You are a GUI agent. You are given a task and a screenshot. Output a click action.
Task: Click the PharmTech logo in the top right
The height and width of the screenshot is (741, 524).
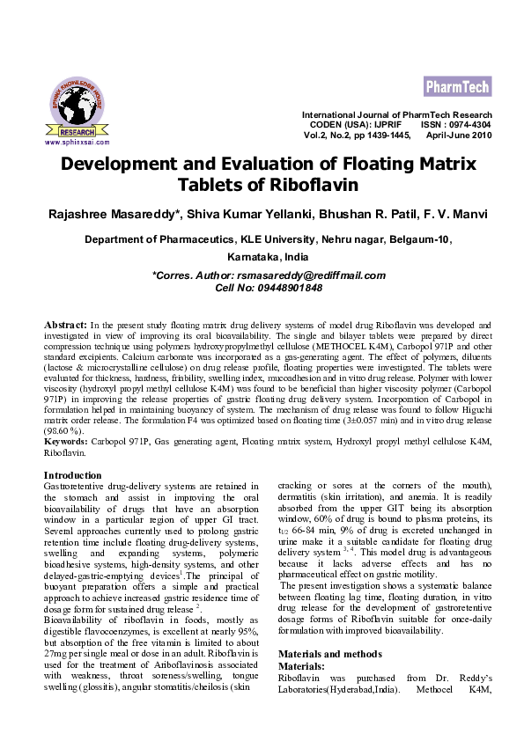click(457, 86)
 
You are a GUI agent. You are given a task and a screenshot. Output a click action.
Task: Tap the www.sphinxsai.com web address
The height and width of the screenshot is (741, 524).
click(77, 142)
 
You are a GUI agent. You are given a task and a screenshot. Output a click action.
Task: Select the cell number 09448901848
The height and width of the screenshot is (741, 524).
click(281, 288)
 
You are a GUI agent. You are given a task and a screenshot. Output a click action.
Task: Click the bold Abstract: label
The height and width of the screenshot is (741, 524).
click(65, 326)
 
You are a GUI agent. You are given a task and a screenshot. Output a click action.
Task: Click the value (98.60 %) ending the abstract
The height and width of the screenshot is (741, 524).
click(63, 431)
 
